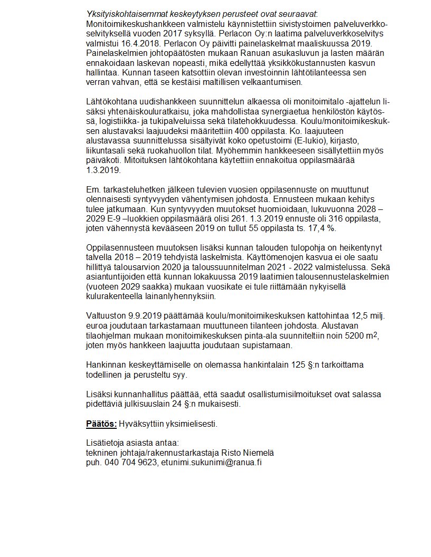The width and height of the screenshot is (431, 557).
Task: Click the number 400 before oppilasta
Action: [221, 130]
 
